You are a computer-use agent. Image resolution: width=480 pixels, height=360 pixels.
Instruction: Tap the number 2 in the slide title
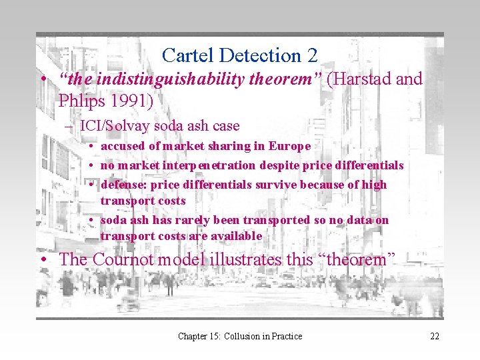311,55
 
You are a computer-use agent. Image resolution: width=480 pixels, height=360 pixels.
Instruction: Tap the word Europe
289,146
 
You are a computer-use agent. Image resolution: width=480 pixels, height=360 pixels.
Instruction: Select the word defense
123,184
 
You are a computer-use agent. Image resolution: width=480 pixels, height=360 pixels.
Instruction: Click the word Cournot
124,259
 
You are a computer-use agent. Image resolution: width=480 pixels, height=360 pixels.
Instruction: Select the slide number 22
435,336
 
